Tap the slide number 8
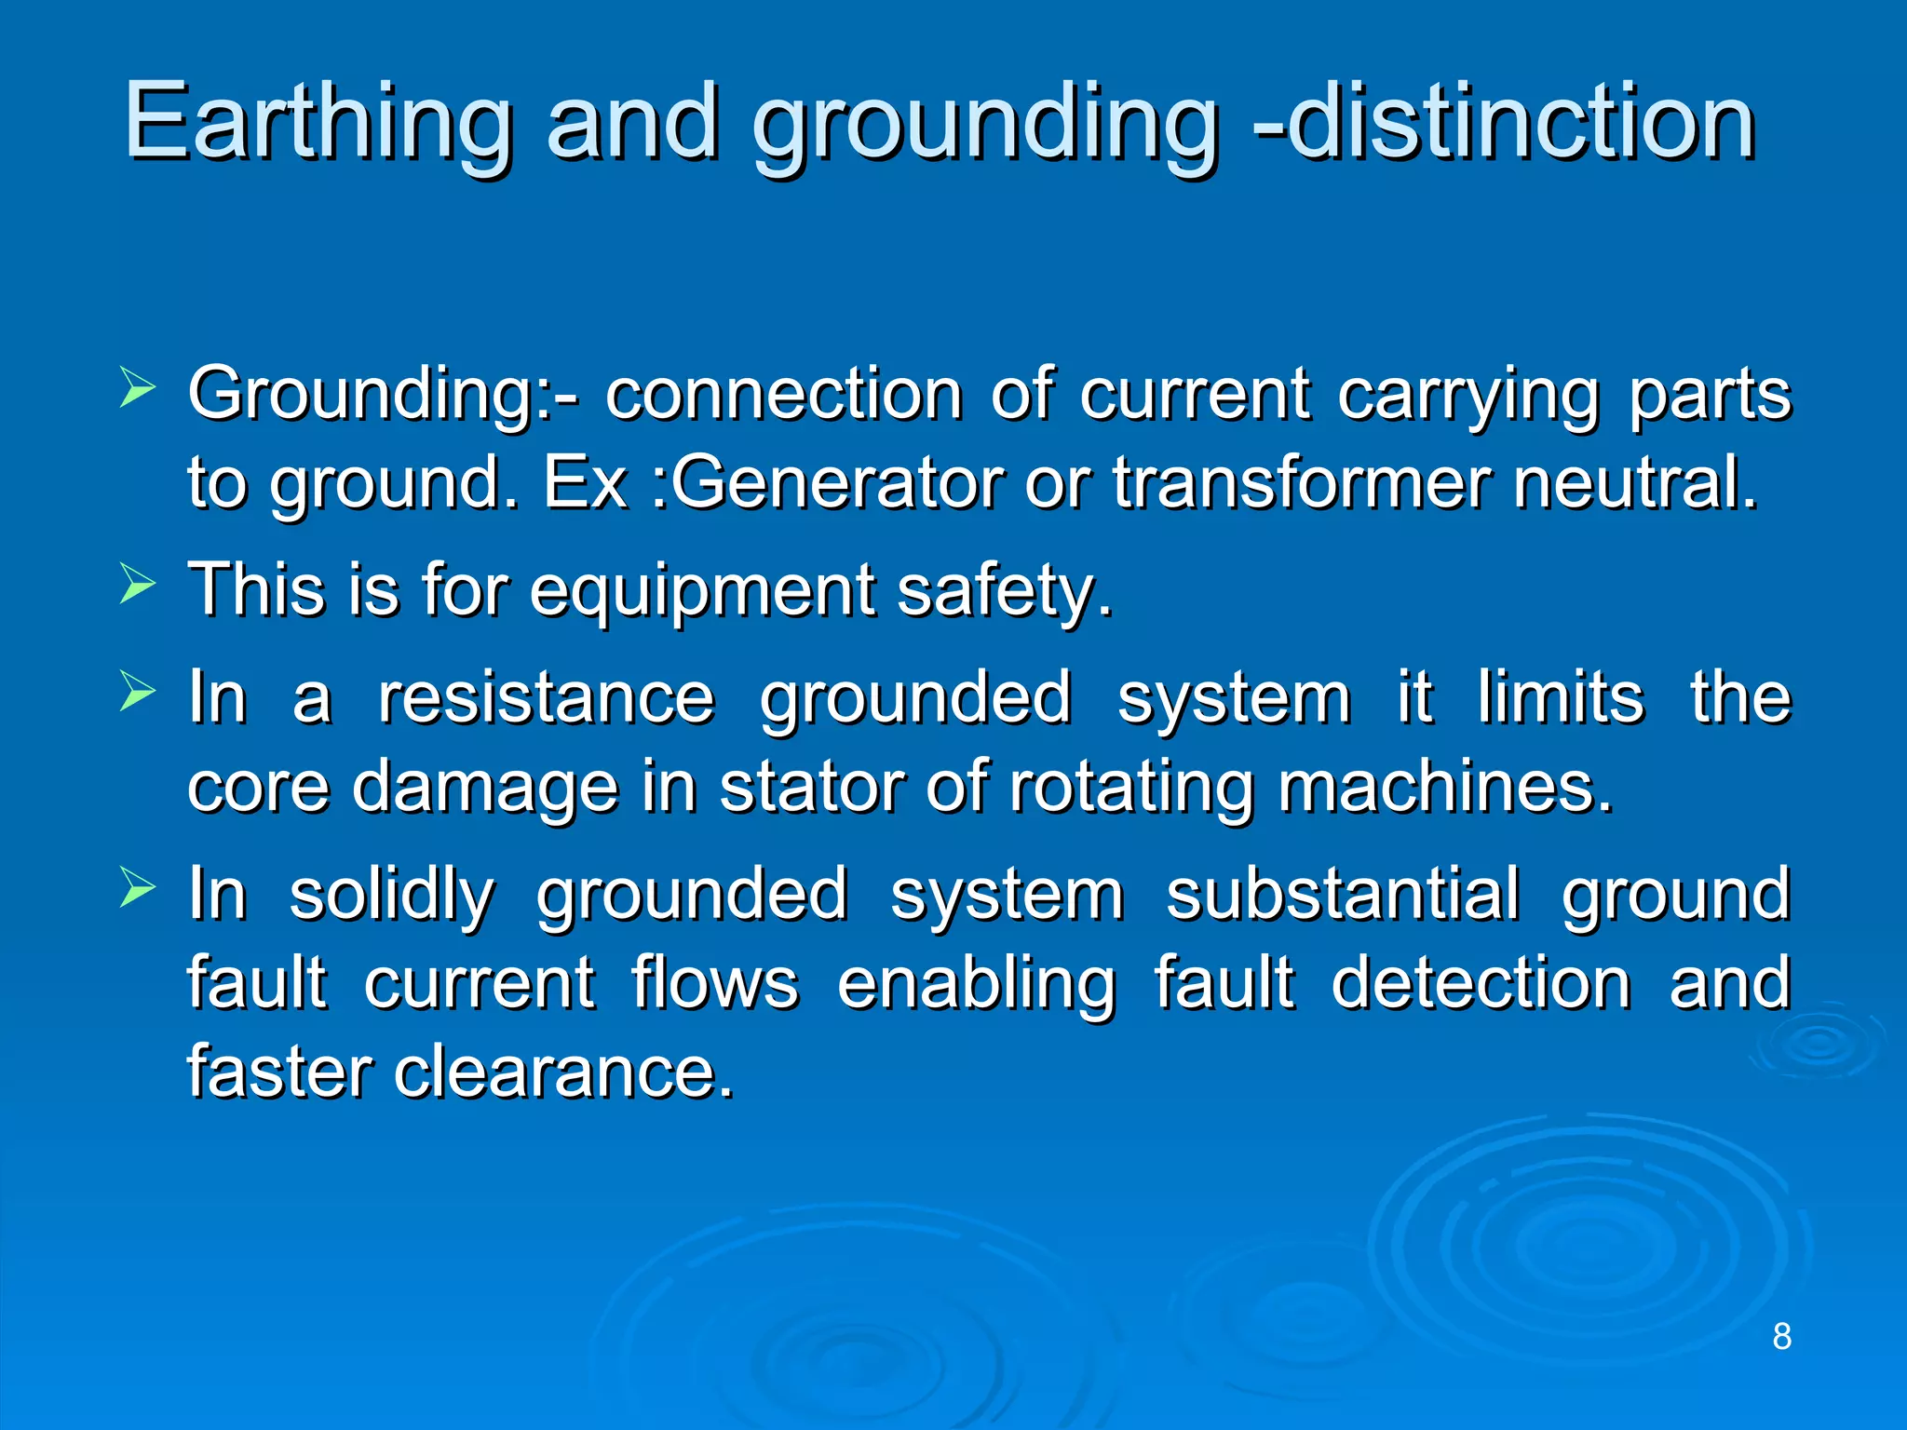point(1781,1336)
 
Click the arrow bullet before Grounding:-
point(138,390)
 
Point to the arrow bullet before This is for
point(138,587)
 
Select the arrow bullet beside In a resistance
point(138,694)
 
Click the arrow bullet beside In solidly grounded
point(138,890)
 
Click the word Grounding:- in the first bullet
point(382,395)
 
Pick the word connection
point(783,395)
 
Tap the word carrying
point(1468,395)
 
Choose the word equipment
point(703,591)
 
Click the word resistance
point(546,697)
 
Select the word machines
point(1443,787)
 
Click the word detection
point(1481,983)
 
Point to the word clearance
point(563,1072)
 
